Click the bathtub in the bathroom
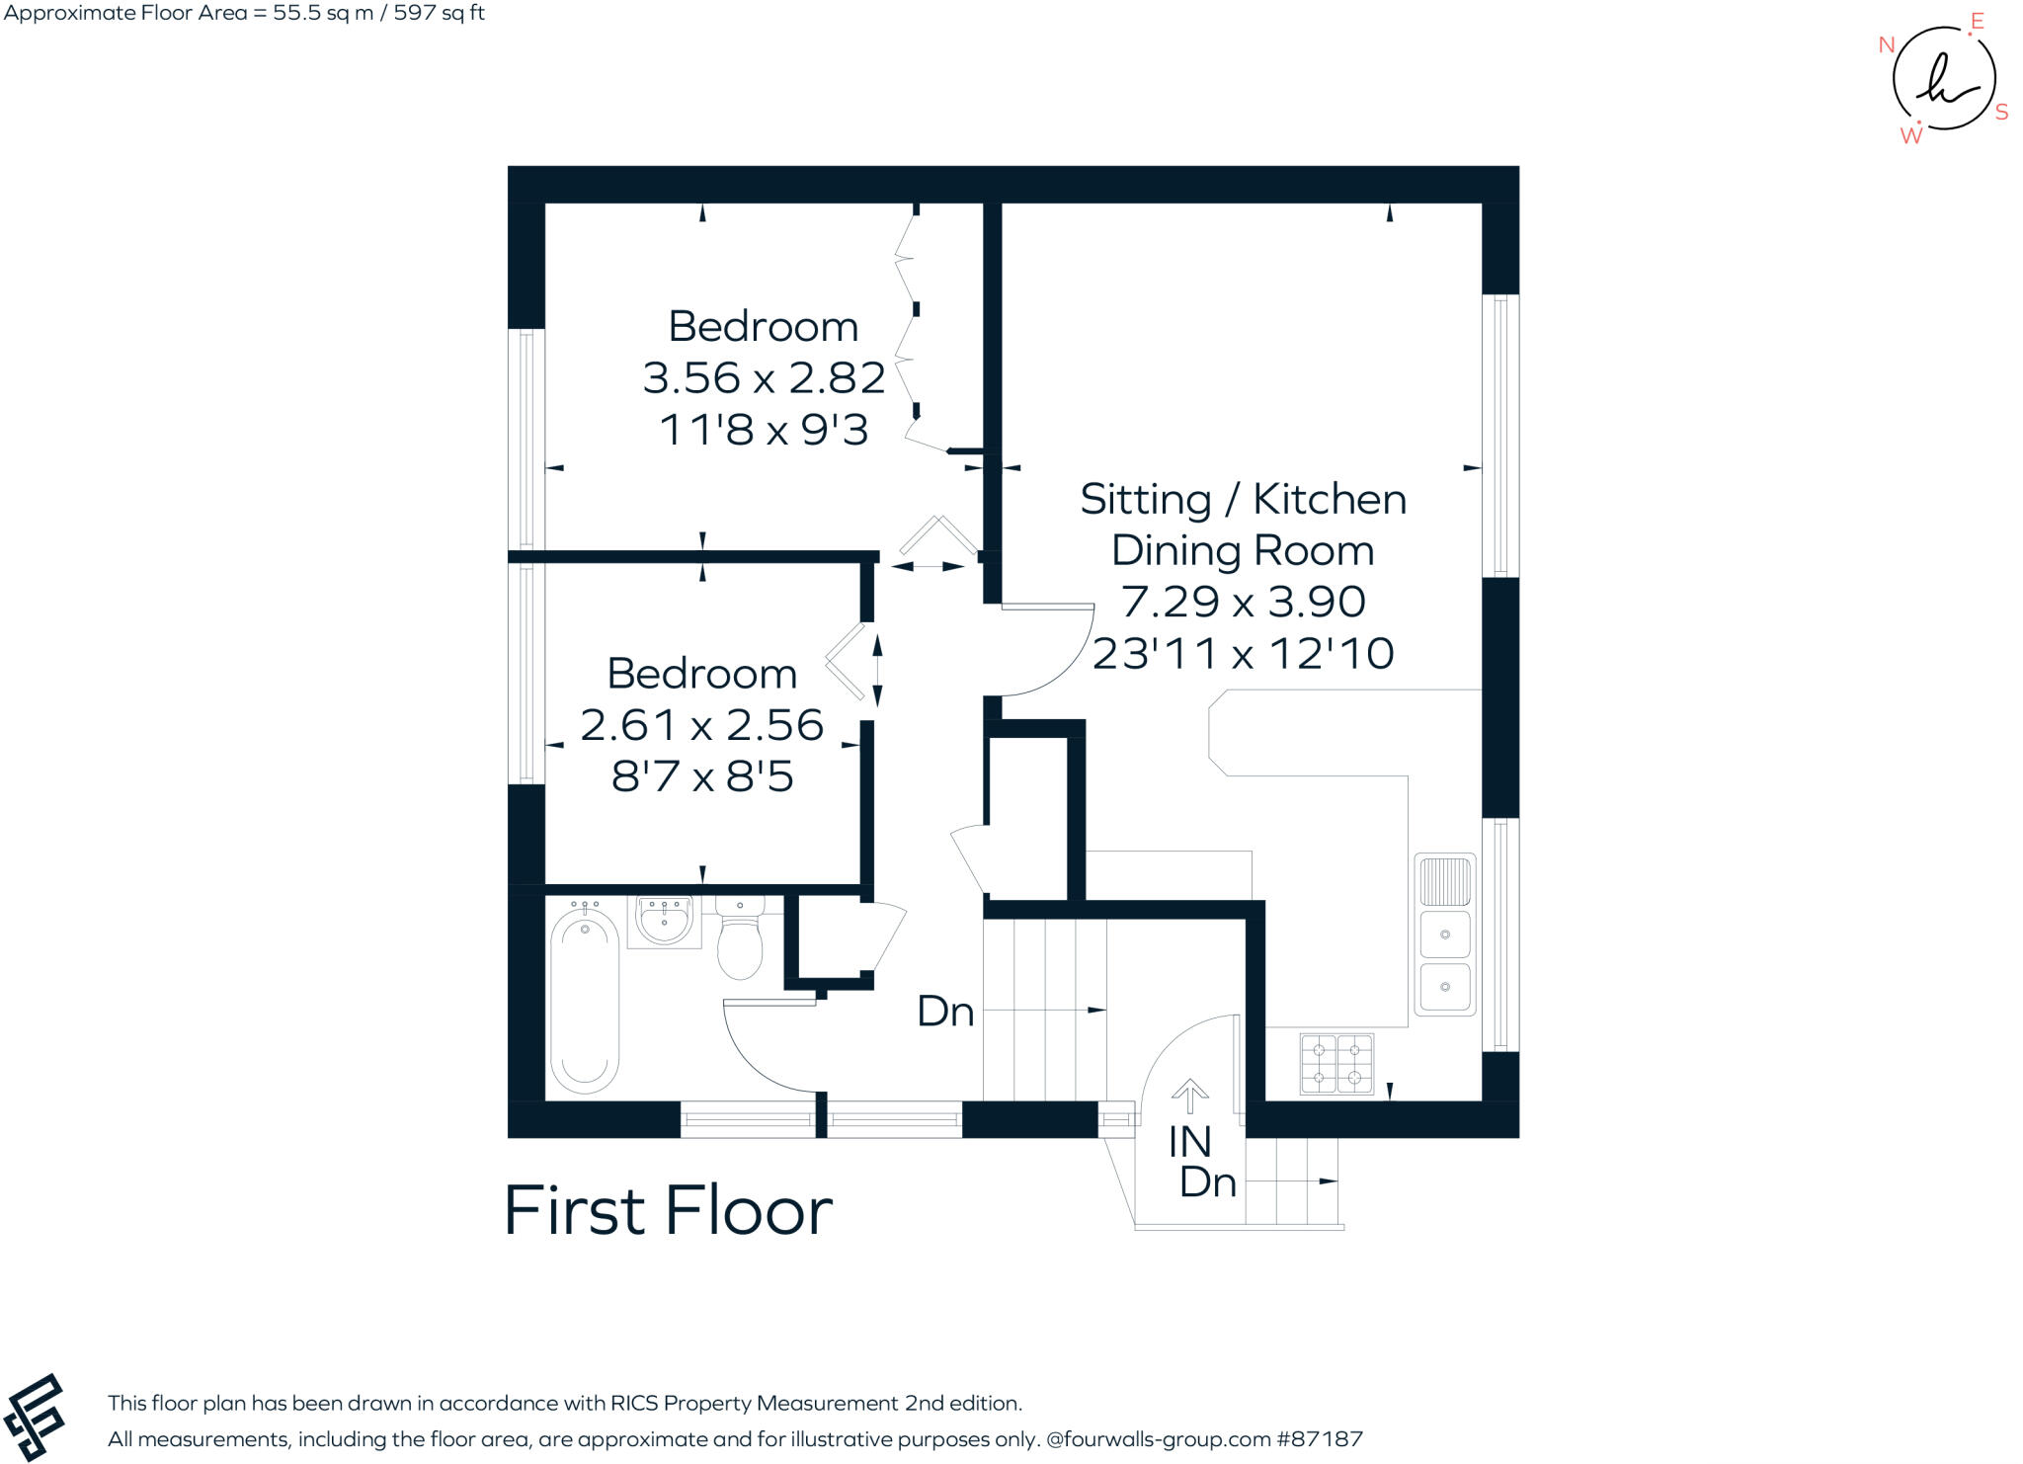pyautogui.click(x=584, y=1000)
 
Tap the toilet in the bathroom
pyautogui.click(x=740, y=938)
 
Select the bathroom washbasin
pyautogui.click(x=664, y=922)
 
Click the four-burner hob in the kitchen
pyautogui.click(x=1336, y=1064)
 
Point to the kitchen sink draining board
pyautogui.click(x=1444, y=881)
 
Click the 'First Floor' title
pyautogui.click(x=668, y=1211)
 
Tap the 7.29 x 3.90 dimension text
pyautogui.click(x=1243, y=602)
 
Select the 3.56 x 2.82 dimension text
pyautogui.click(x=764, y=378)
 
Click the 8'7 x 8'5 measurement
pyautogui.click(x=701, y=776)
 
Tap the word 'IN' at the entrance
pyautogui.click(x=1189, y=1143)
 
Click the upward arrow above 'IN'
pyautogui.click(x=1189, y=1095)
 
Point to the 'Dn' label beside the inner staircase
pyautogui.click(x=945, y=1012)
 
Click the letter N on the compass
pyautogui.click(x=1886, y=44)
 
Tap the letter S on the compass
pyautogui.click(x=2001, y=113)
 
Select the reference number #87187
pyautogui.click(x=1320, y=1439)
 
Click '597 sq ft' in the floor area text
pyautogui.click(x=439, y=13)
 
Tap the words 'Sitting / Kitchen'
pyautogui.click(x=1243, y=500)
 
